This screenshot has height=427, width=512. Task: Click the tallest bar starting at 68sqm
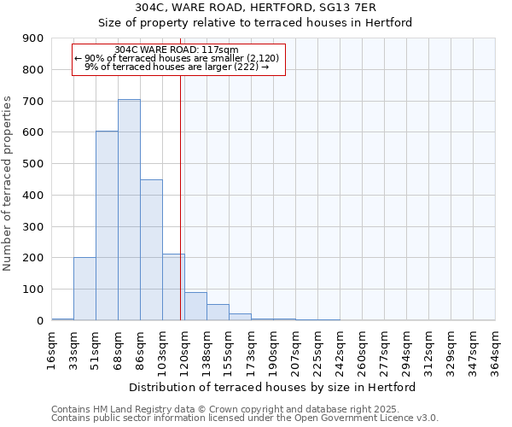pos(129,210)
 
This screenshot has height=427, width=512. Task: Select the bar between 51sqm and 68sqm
pos(107,226)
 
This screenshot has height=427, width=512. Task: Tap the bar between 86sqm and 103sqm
pos(151,250)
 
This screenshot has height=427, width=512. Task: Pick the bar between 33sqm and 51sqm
pos(84,289)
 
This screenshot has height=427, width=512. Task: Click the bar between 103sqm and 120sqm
pos(173,287)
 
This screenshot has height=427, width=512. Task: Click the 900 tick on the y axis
pos(33,38)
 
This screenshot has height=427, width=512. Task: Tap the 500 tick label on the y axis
pos(33,164)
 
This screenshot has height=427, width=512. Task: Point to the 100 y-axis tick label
pos(33,290)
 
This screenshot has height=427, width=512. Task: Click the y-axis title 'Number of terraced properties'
pos(8,184)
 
